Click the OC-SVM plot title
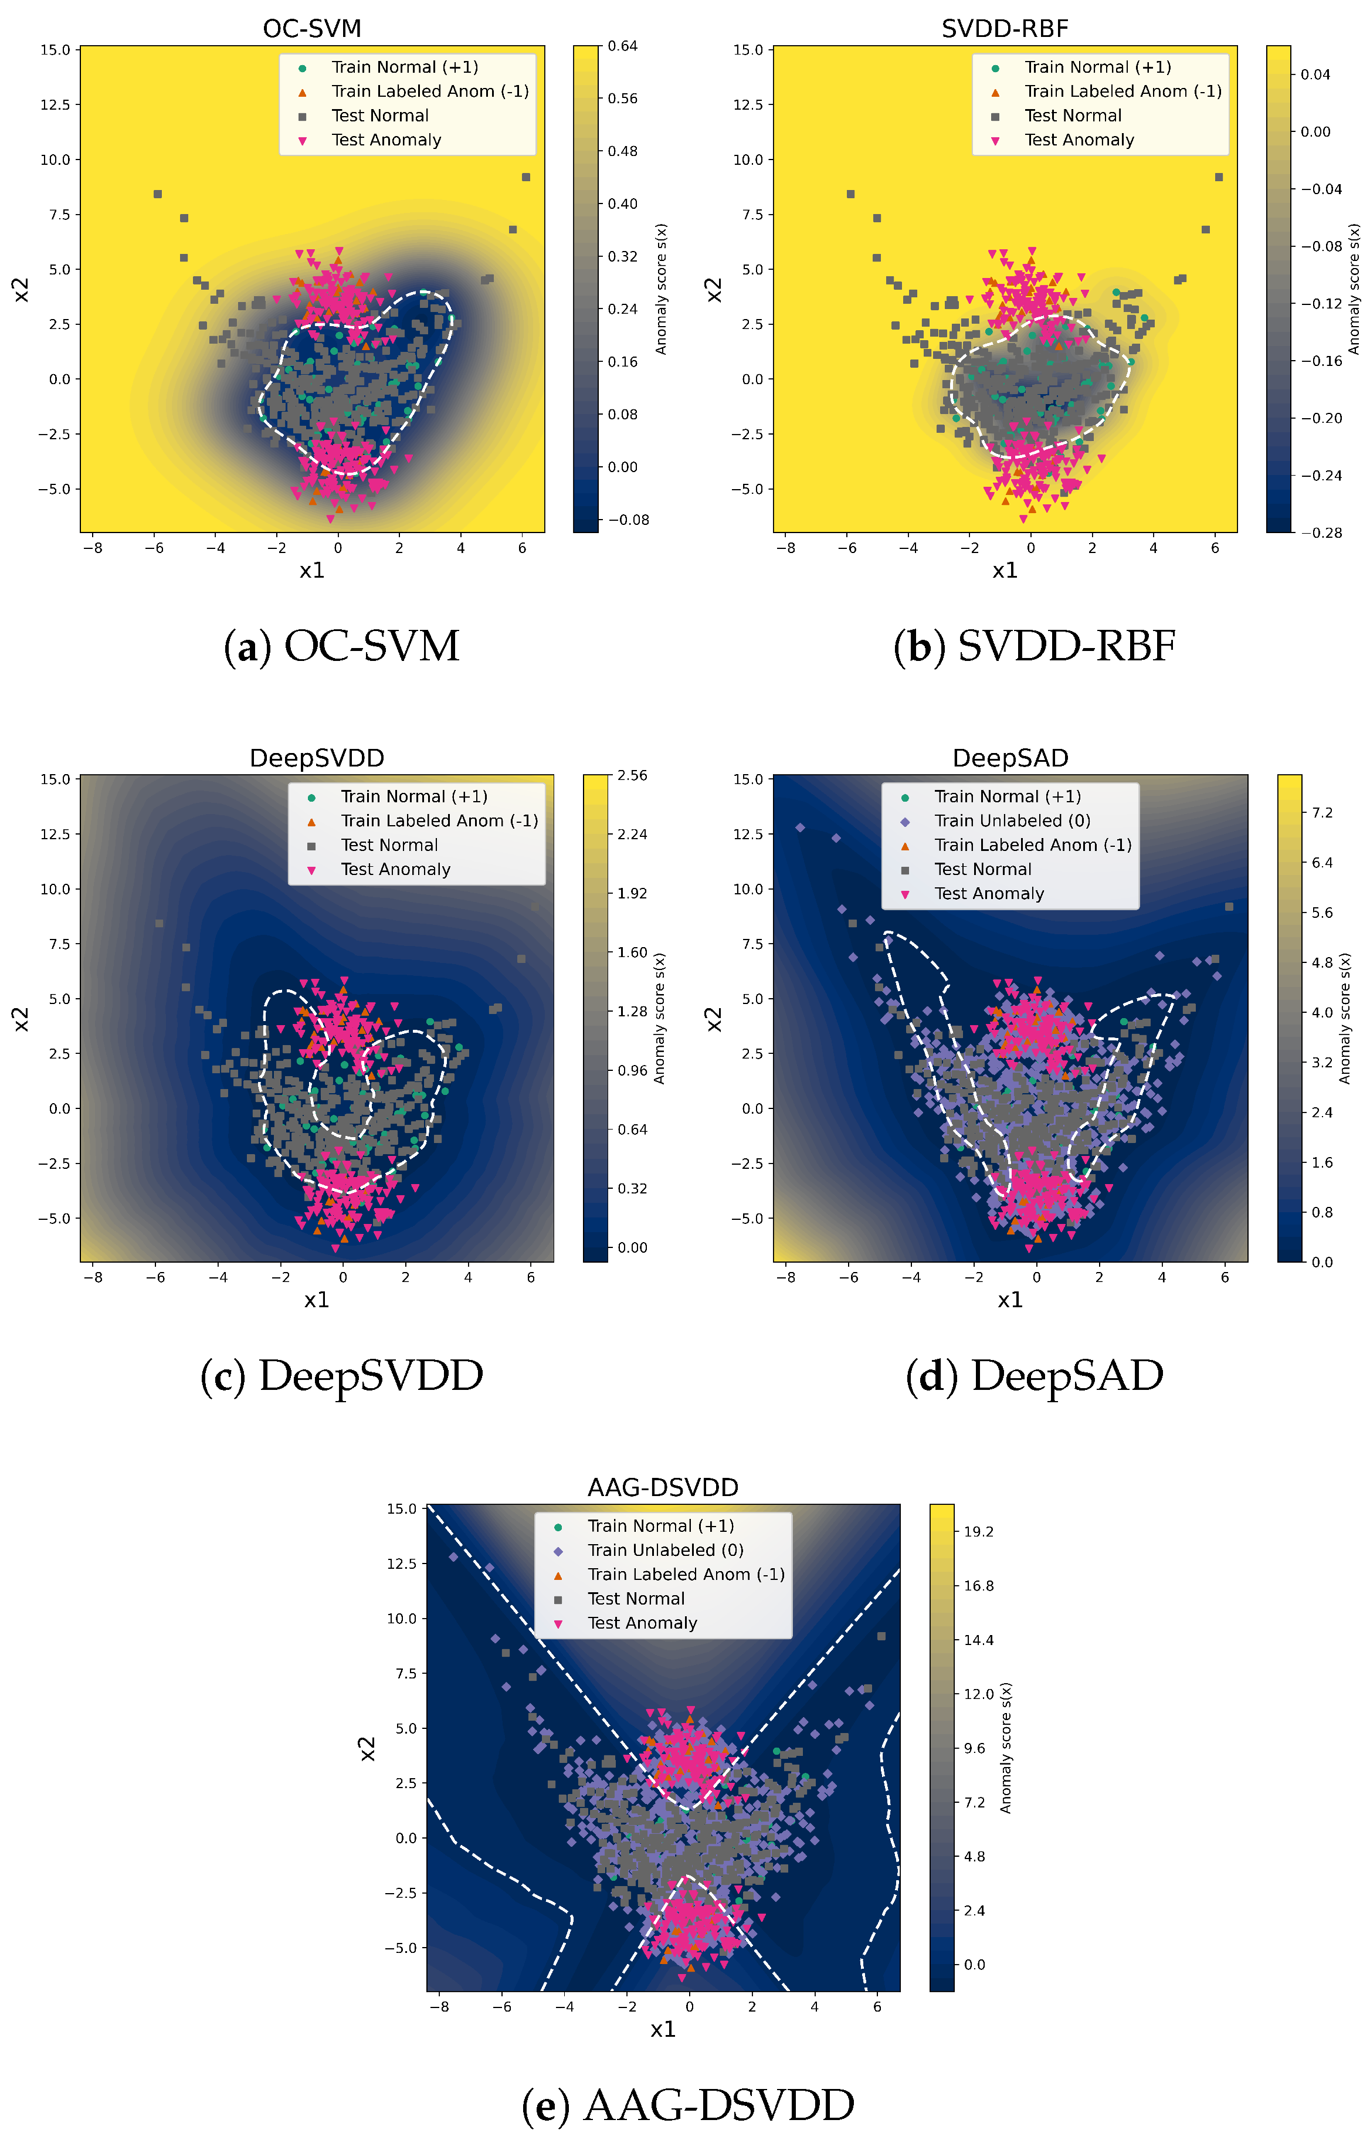coord(311,29)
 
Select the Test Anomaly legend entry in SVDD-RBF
coord(1078,140)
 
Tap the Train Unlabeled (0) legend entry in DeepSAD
coord(1012,820)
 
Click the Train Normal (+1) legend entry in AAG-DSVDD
coord(660,1525)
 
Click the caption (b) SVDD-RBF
coord(1034,647)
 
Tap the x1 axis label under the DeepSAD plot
coord(1010,1300)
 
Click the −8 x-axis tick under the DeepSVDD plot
coord(93,1277)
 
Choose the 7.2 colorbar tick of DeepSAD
coord(1322,812)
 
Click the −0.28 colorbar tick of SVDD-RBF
coord(1321,533)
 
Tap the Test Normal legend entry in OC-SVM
coord(380,116)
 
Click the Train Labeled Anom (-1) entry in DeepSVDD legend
coord(439,820)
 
